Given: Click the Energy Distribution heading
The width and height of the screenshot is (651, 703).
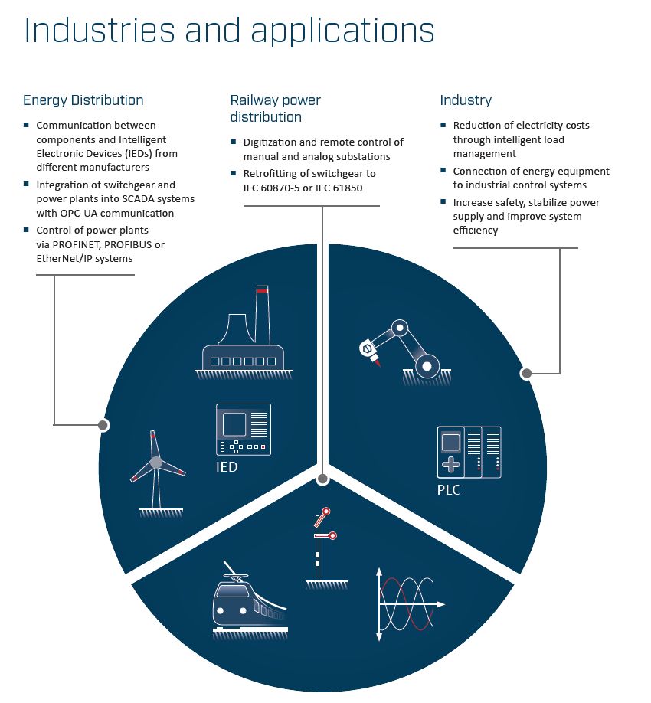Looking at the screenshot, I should (83, 100).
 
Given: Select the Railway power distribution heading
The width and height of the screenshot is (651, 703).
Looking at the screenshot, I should (275, 109).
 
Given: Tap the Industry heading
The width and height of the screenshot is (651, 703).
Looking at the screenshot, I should (465, 100).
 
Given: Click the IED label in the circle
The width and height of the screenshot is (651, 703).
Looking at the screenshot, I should (227, 466).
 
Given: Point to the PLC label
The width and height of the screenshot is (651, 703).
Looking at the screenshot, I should (449, 489).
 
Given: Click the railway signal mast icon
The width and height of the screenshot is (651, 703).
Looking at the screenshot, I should (323, 548).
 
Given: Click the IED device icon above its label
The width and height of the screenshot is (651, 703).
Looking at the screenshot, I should (244, 428).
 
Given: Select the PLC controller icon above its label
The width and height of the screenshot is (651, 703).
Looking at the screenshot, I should (469, 452).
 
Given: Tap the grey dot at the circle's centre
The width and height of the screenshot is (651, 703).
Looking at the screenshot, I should (322, 479).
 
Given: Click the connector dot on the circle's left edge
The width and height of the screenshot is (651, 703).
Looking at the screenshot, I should (103, 424).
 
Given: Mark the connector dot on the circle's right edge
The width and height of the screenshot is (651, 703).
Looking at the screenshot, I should (526, 374).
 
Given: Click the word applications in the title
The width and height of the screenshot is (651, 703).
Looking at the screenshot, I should (342, 31).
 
